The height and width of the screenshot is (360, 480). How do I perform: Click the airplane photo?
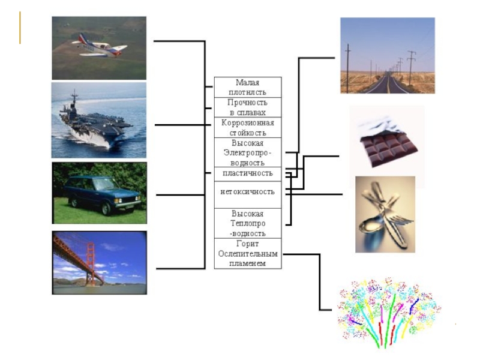99,48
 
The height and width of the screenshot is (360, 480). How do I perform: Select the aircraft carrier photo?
99,120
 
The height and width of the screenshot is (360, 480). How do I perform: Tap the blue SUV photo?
99,193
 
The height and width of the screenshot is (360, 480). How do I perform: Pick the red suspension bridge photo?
99,263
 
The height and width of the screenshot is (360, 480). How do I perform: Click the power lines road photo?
388,55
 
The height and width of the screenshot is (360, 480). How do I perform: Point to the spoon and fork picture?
385,214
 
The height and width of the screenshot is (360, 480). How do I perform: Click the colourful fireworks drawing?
388,312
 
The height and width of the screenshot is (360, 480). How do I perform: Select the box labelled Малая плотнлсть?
247,87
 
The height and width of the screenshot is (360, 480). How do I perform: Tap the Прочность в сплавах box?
247,107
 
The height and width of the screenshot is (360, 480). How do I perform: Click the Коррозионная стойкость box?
247,127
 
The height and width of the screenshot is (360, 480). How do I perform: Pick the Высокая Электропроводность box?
247,152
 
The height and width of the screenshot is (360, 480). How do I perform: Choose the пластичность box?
247,173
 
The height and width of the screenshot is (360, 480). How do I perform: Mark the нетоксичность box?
247,192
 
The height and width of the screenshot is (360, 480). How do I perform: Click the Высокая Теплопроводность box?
247,223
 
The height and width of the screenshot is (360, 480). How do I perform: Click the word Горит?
247,244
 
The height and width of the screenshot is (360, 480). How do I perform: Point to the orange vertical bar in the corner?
20,28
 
